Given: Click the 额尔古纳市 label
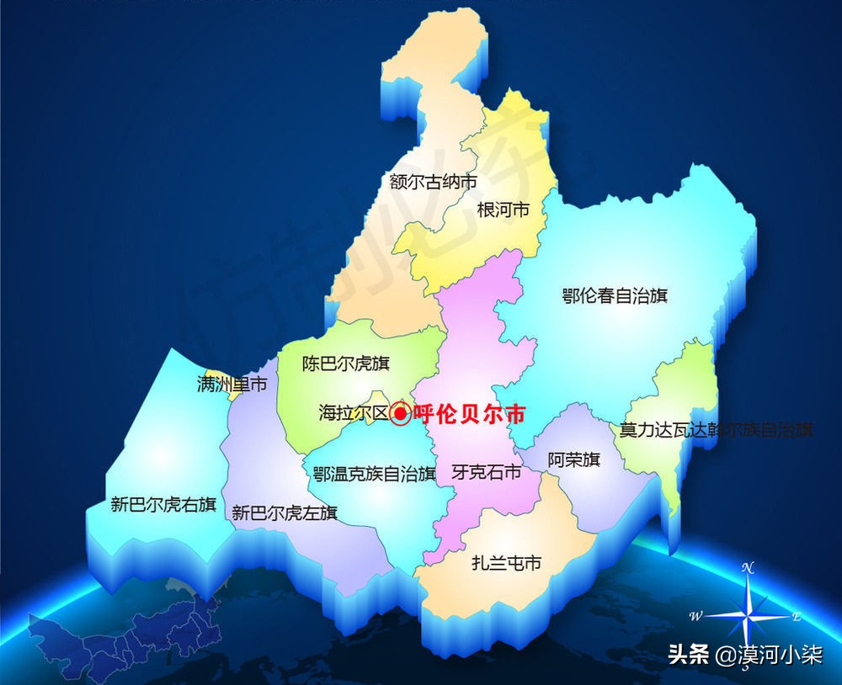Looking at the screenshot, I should pyautogui.click(x=434, y=181).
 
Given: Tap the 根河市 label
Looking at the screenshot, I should pyautogui.click(x=503, y=210).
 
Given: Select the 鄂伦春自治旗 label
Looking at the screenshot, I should pyautogui.click(x=615, y=295).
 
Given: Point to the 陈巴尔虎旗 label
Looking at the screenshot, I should pyautogui.click(x=346, y=364).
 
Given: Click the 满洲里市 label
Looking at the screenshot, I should pyautogui.click(x=232, y=385).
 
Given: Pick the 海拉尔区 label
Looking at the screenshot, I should pyautogui.click(x=353, y=413).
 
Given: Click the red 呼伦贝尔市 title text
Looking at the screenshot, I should pyautogui.click(x=469, y=415).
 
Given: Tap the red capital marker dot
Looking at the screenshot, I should pyautogui.click(x=401, y=413).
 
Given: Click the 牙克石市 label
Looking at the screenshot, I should pyautogui.click(x=486, y=472).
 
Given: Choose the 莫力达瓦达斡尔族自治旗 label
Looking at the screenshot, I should pyautogui.click(x=716, y=430).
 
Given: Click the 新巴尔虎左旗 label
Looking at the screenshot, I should pyautogui.click(x=284, y=512).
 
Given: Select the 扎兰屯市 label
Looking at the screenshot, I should pyautogui.click(x=506, y=563).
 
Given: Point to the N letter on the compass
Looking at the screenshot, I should pyautogui.click(x=747, y=568).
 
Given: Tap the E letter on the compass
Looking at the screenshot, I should pyautogui.click(x=796, y=616).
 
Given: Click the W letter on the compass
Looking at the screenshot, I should pyautogui.click(x=695, y=616).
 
